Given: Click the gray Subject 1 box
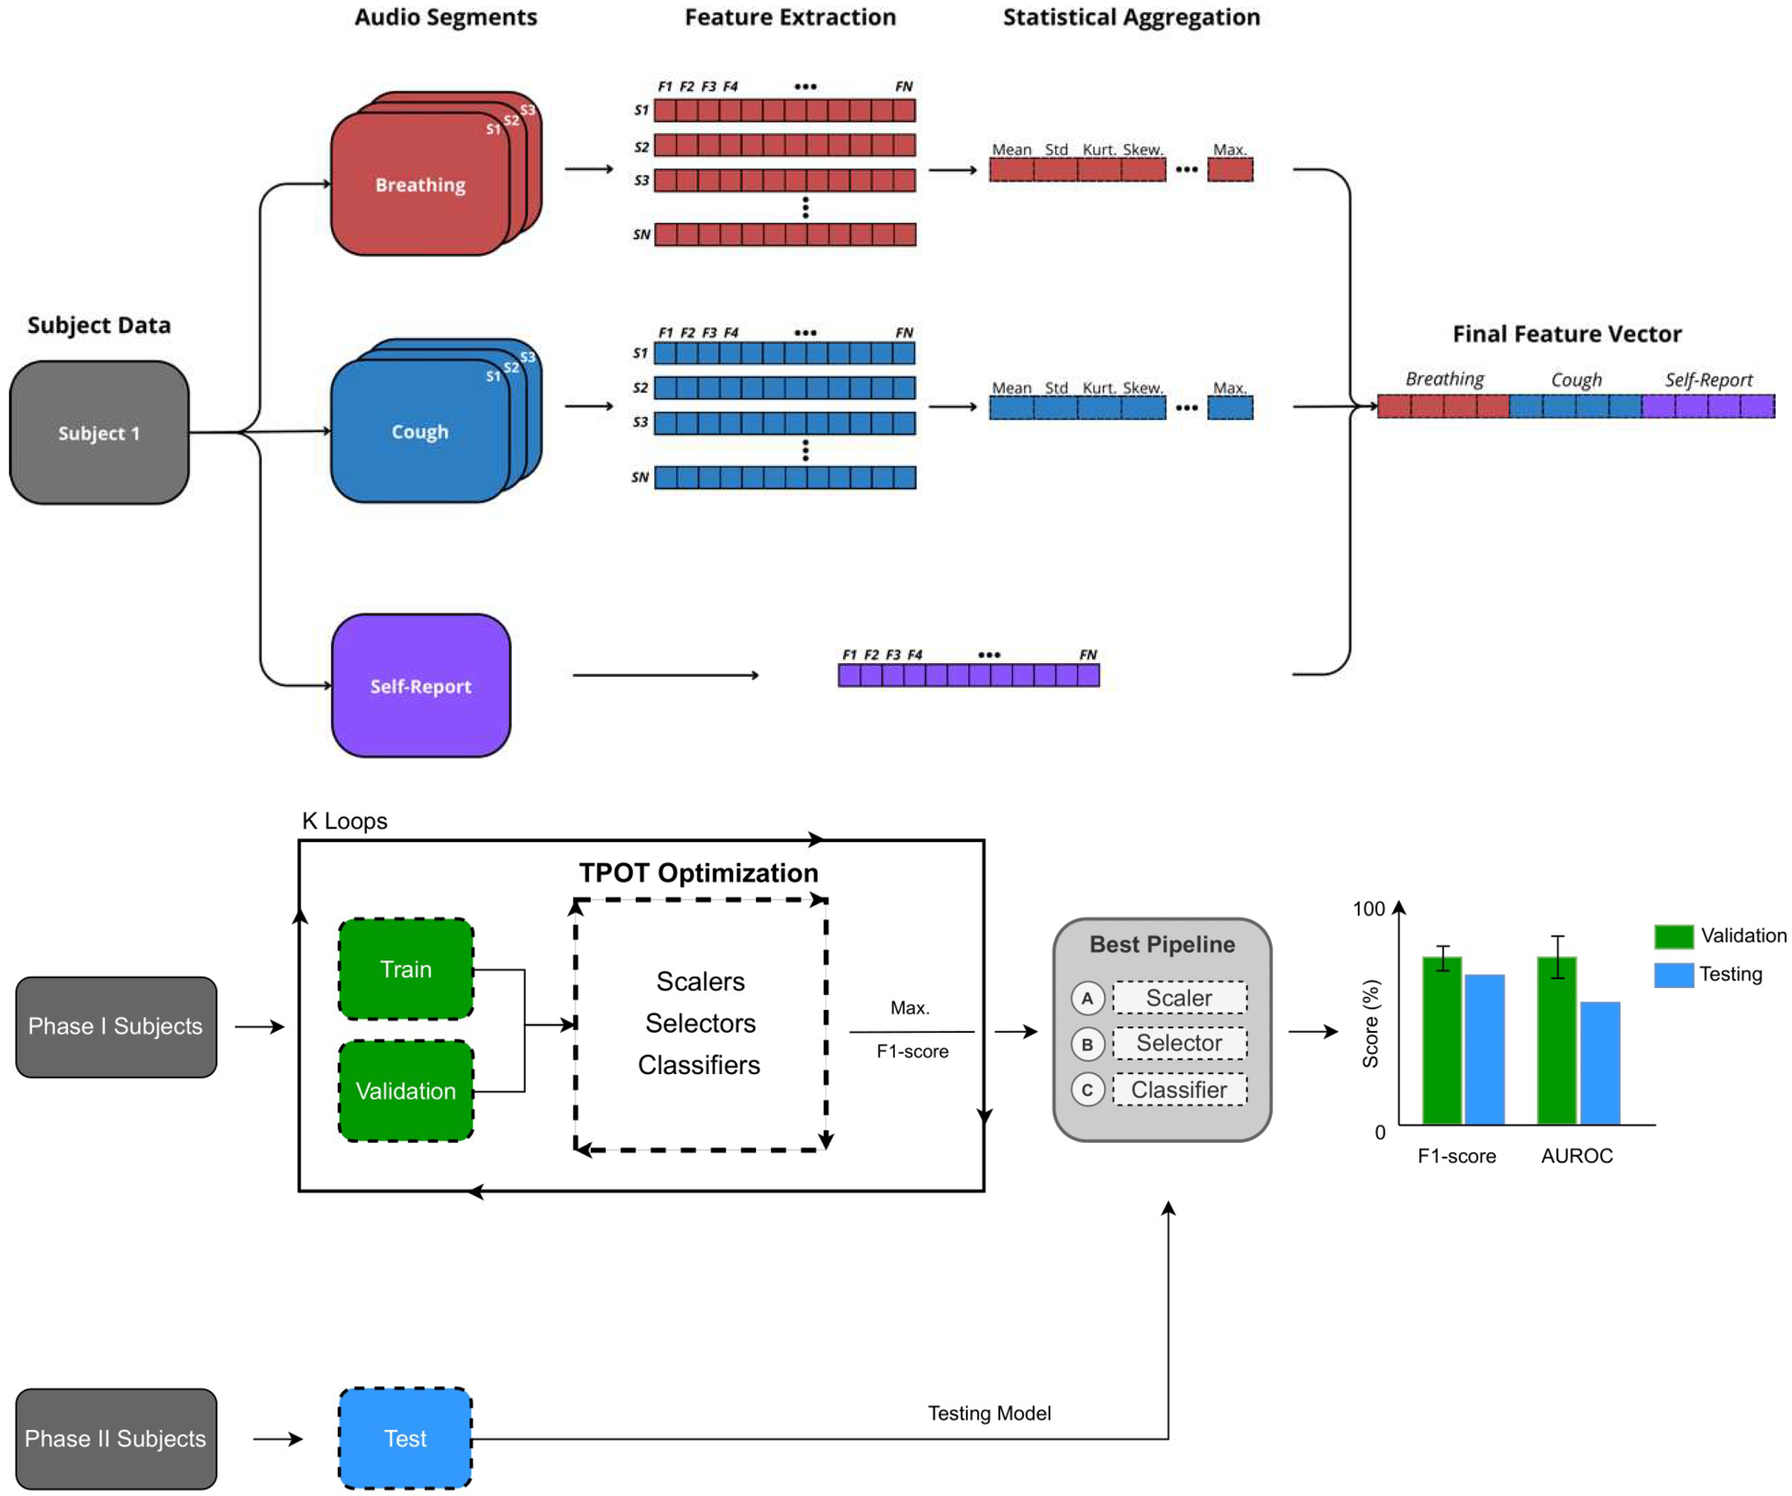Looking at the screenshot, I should pyautogui.click(x=99, y=433).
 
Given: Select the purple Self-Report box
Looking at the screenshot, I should pyautogui.click(x=420, y=686).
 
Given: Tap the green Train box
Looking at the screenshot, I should pyautogui.click(x=406, y=970).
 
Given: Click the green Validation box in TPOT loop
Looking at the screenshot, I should pyautogui.click(x=406, y=1091).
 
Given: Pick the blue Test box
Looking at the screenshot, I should pyautogui.click(x=405, y=1438).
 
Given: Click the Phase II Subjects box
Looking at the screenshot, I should pyautogui.click(x=116, y=1438).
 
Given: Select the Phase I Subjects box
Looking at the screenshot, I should pyautogui.click(x=116, y=1026).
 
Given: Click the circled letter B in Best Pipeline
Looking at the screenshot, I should pyautogui.click(x=1087, y=1044).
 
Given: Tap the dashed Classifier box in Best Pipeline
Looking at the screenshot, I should pyautogui.click(x=1179, y=1090).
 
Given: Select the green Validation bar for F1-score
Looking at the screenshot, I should pyautogui.click(x=1441, y=1041).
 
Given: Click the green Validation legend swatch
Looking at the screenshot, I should pyautogui.click(x=1674, y=936).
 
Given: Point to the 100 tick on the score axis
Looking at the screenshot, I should pyautogui.click(x=1368, y=909).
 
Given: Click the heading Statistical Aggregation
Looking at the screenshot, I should pyautogui.click(x=1130, y=17).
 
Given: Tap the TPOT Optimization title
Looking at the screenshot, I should pyautogui.click(x=698, y=872).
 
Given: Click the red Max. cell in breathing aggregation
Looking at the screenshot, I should pyautogui.click(x=1230, y=170).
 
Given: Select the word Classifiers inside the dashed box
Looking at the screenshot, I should pyautogui.click(x=699, y=1065).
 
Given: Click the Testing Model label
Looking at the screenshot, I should pyautogui.click(x=989, y=1413).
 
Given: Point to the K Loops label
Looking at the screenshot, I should pyautogui.click(x=344, y=821).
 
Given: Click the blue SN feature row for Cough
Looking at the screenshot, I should pyautogui.click(x=785, y=477).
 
